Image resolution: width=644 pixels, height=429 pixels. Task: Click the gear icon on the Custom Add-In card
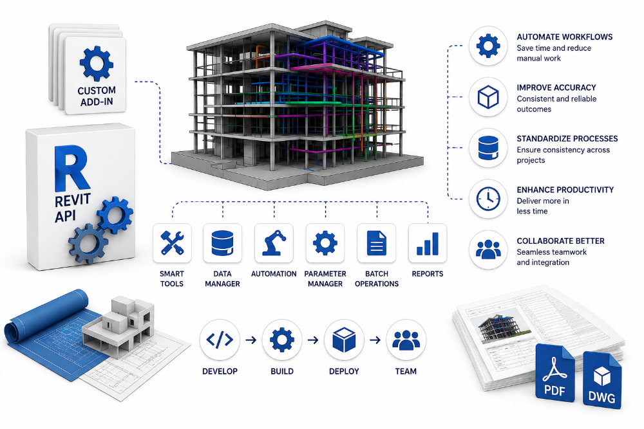point(97,63)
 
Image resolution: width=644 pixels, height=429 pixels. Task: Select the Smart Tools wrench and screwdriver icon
point(172,242)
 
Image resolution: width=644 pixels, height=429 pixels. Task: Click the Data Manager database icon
point(223,242)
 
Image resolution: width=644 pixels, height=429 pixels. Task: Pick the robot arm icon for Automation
point(274,242)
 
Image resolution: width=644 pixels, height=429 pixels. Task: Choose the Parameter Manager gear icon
point(325,242)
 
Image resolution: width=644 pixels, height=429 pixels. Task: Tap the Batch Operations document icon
point(377,242)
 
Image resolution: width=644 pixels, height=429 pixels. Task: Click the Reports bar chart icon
point(428,244)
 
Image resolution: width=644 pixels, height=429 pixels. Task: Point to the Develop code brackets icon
point(220,340)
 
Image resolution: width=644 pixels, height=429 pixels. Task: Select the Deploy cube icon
point(344,340)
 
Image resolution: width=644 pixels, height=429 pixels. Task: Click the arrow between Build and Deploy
point(313,340)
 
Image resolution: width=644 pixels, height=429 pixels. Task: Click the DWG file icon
point(602,380)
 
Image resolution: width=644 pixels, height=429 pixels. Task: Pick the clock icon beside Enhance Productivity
point(488,199)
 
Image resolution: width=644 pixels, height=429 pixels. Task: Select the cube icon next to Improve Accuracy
point(488,96)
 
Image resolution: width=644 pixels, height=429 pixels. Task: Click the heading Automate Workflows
point(564,37)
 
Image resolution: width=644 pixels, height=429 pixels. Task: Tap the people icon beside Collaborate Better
point(488,250)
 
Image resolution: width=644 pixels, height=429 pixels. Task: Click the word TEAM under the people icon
point(406,371)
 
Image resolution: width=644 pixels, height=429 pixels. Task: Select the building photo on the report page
point(500,327)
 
